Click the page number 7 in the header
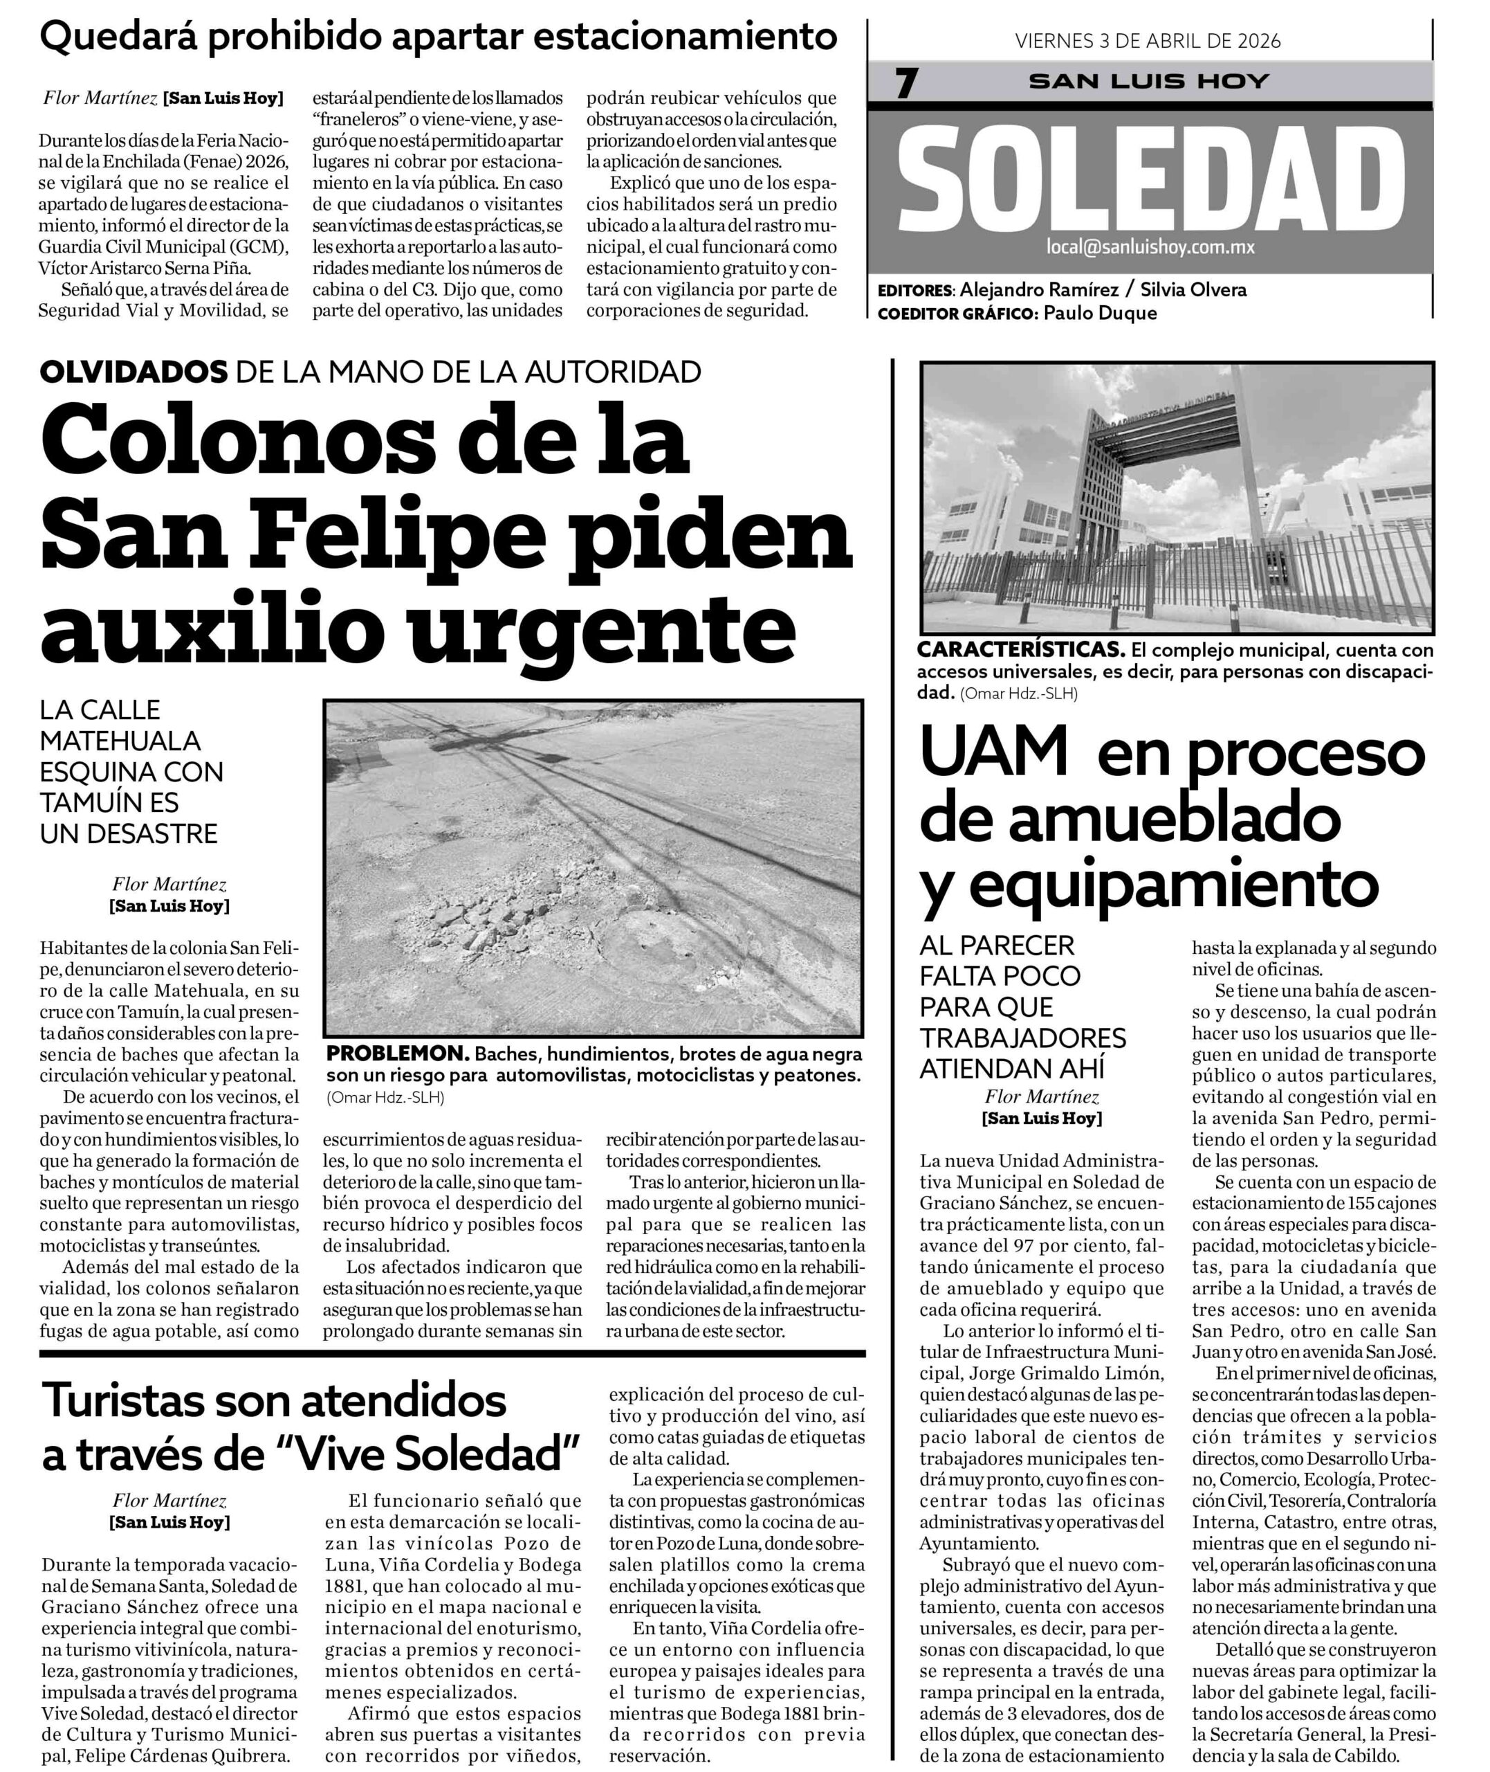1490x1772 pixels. pos(906,83)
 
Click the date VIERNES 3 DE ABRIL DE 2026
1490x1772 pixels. pos(1148,42)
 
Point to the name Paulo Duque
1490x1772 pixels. pos(1100,313)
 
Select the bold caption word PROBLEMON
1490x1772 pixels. pos(398,1054)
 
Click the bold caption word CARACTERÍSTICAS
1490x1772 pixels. pos(1020,650)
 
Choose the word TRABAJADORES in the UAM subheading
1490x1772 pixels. pos(1023,1038)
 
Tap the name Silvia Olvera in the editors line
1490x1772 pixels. pos(1193,290)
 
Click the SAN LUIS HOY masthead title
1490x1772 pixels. pos(1150,81)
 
